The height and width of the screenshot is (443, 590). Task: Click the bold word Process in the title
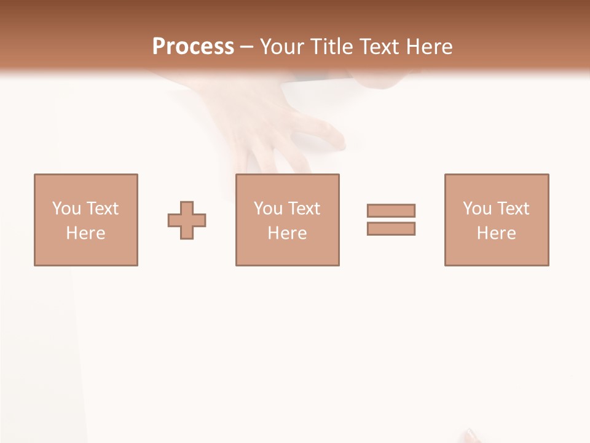point(193,47)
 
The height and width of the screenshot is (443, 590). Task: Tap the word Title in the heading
point(332,47)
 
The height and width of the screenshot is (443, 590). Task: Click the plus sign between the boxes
point(187,220)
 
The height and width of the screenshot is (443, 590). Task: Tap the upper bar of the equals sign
point(391,210)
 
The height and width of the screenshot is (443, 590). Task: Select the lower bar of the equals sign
point(391,229)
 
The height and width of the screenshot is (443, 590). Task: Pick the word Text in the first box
point(102,209)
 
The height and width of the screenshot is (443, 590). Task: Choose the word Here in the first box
point(85,233)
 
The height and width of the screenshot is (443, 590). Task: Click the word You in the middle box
point(269,209)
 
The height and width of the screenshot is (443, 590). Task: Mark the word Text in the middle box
point(304,209)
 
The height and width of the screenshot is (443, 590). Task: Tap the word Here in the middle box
point(287,233)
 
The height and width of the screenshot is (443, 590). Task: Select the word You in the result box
point(478,209)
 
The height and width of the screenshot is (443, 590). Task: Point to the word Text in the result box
point(513,209)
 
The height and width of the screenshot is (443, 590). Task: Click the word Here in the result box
point(496,233)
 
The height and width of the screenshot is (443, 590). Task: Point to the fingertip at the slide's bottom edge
point(471,436)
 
